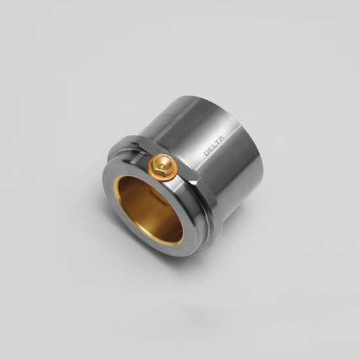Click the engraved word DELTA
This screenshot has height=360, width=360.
tap(214, 146)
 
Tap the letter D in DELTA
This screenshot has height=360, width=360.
tap(206, 153)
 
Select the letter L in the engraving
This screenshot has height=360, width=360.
tap(214, 146)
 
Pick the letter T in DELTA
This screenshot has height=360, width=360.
tap(217, 142)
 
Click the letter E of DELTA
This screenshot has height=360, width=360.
tap(210, 150)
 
